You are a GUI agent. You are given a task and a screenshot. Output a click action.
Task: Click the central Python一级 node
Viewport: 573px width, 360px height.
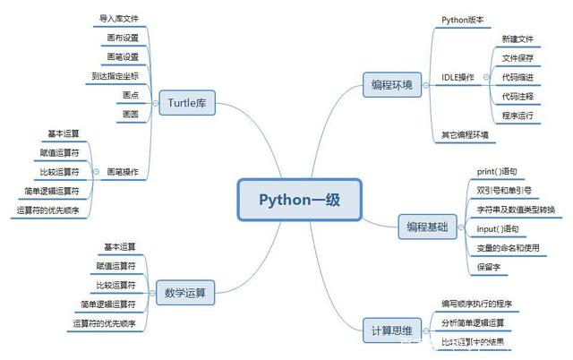296,199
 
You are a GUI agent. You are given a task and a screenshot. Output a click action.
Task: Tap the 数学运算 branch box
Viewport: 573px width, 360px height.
185,292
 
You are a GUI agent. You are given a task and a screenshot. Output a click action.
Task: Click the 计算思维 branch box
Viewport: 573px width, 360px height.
390,329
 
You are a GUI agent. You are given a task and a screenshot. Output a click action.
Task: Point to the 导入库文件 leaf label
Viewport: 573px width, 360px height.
119,18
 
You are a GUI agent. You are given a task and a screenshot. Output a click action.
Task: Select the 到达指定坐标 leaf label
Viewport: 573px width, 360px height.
115,75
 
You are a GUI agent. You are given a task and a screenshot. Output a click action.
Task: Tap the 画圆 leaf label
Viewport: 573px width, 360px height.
129,114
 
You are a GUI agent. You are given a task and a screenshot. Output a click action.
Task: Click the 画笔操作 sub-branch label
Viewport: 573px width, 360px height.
123,171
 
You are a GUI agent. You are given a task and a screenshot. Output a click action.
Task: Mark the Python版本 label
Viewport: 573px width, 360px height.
462,19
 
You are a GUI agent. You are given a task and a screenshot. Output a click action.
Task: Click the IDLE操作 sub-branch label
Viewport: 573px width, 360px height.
458,77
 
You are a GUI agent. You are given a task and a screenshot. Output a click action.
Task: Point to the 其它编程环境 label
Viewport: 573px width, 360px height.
466,135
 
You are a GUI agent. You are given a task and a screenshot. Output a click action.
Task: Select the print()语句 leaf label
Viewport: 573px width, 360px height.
497,170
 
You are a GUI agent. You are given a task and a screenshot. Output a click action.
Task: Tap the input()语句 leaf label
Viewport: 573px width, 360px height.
497,228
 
